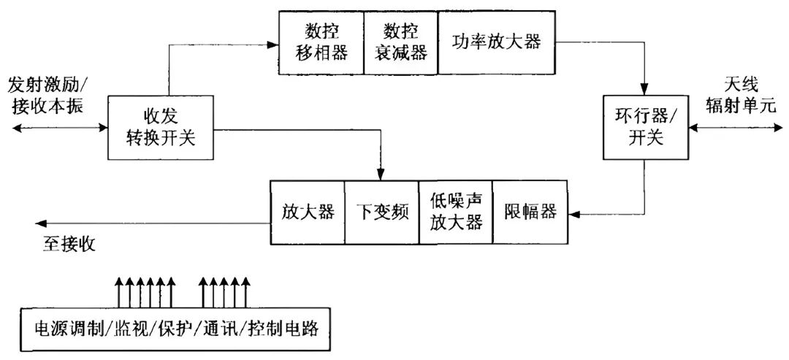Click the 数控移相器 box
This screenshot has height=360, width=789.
click(321, 43)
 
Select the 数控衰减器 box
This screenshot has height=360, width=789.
click(400, 43)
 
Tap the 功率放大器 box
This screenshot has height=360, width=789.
click(496, 42)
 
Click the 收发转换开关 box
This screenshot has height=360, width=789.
click(161, 127)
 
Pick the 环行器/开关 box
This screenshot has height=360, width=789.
click(645, 127)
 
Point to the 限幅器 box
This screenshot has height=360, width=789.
click(530, 212)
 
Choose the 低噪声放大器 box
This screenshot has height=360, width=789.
click(456, 212)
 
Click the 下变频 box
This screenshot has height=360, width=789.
click(381, 212)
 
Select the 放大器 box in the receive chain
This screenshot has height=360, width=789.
click(308, 212)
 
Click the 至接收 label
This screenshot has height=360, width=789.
click(69, 243)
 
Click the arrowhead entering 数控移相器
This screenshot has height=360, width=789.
click(273, 45)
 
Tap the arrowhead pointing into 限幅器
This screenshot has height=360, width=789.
click(574, 214)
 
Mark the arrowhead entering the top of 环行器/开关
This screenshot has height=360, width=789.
click(645, 90)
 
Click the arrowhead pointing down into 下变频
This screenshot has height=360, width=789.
click(381, 175)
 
